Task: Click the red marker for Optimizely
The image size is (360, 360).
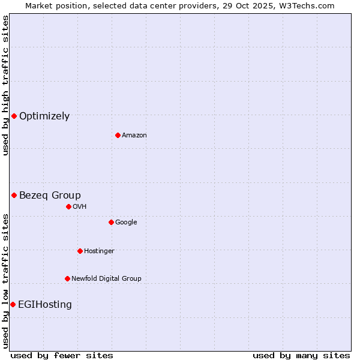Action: [14, 116]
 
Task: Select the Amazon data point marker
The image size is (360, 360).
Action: [118, 135]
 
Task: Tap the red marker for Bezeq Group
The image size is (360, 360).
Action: [14, 195]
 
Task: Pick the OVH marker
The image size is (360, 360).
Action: [68, 206]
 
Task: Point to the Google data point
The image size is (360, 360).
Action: [111, 222]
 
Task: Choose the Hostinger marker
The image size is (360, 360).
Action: [80, 251]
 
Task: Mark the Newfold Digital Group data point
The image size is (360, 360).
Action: [67, 278]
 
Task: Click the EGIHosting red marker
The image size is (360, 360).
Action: [13, 304]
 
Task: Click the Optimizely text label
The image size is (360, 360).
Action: [44, 116]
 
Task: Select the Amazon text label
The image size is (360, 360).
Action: [134, 136]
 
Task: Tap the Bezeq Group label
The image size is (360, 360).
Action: [50, 195]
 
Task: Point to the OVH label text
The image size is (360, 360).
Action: [80, 207]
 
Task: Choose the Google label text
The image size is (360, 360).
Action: [126, 223]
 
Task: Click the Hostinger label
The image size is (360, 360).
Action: [99, 251]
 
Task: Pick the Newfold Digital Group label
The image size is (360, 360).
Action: [106, 279]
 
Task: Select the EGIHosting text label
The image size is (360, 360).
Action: [45, 305]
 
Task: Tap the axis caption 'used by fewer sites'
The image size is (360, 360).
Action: [62, 355]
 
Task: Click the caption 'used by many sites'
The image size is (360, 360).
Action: [301, 355]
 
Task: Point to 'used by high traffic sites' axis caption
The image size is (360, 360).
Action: [5, 85]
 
